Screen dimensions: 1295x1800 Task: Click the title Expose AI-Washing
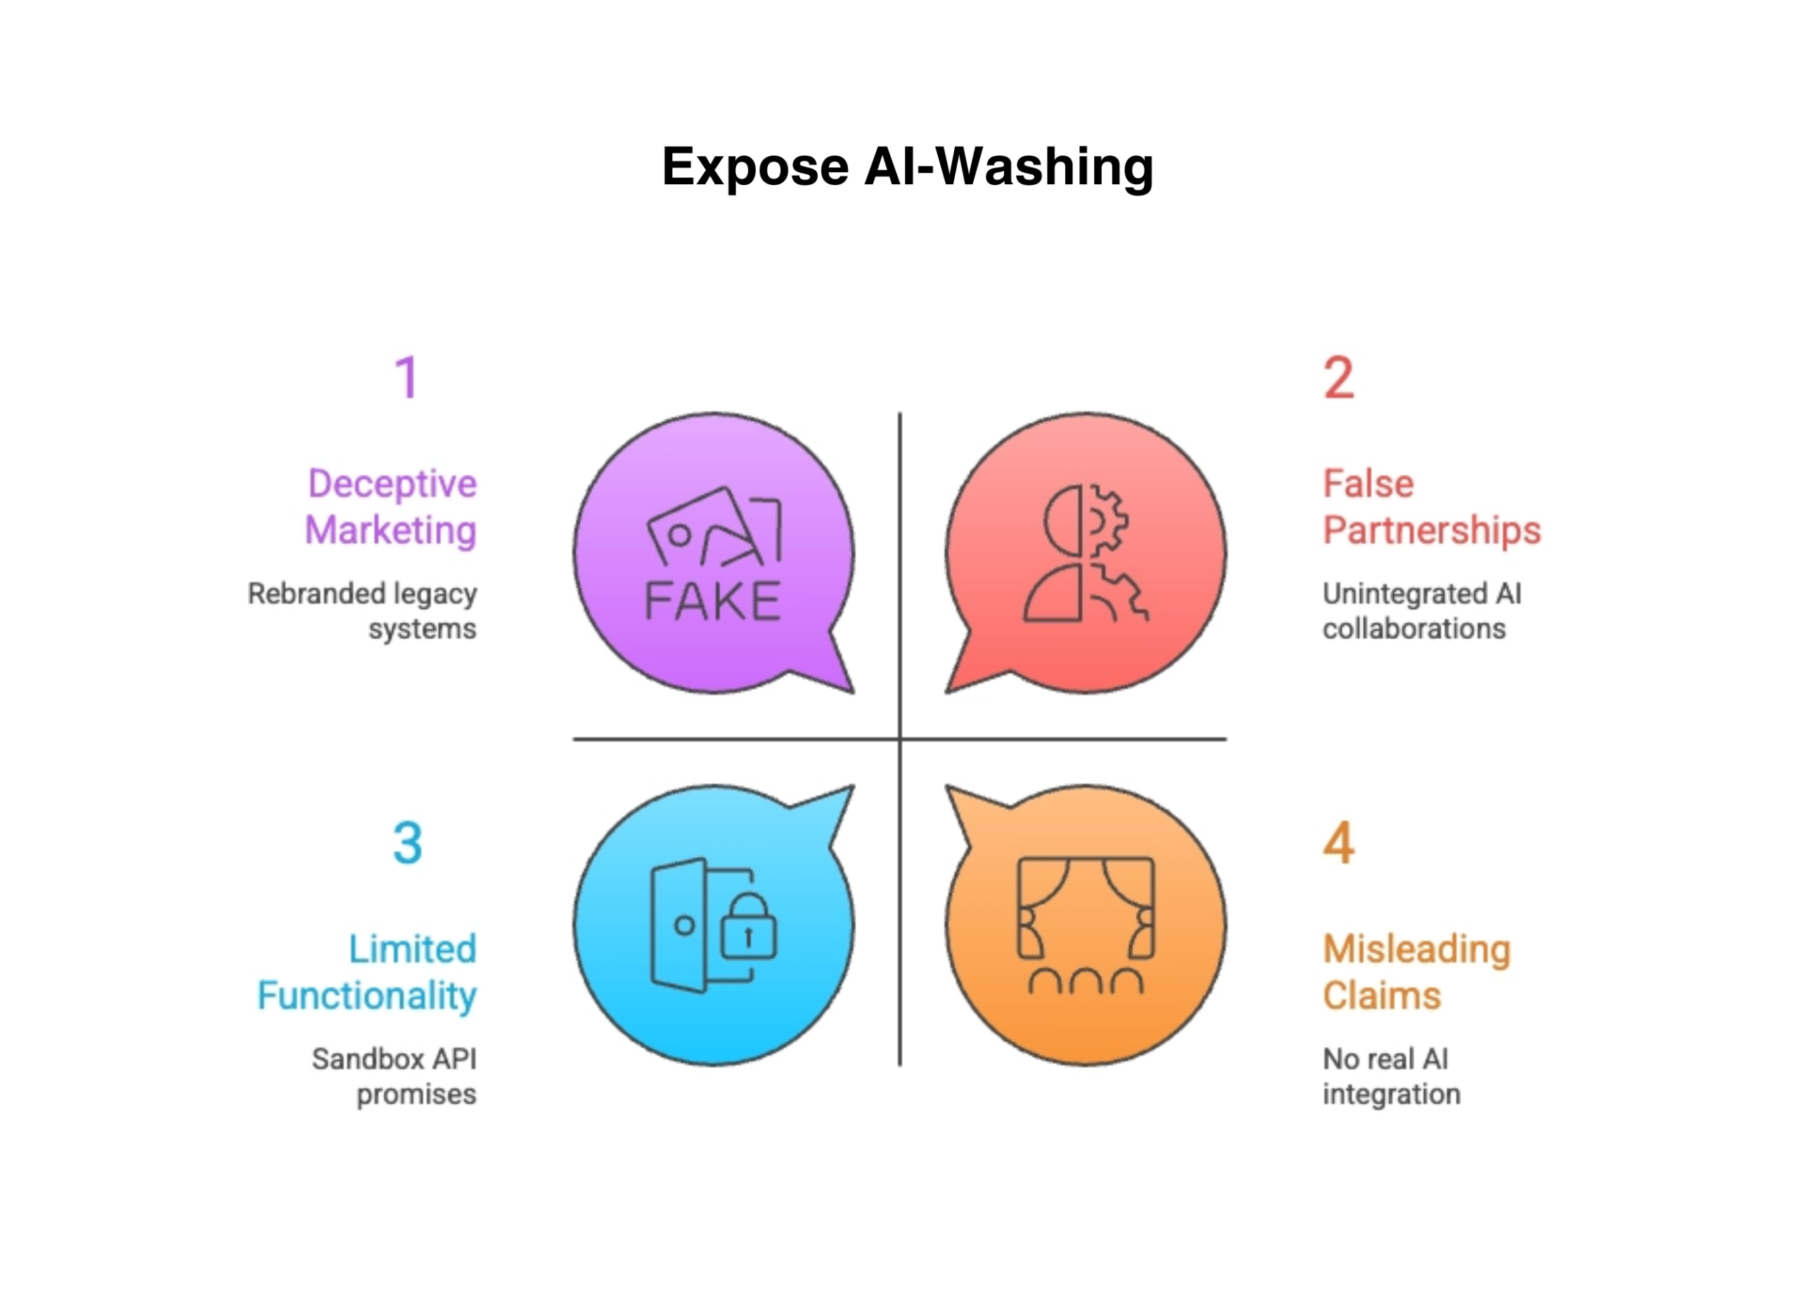907,167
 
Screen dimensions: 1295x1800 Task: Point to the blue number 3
407,843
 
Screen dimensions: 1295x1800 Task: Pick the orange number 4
1338,843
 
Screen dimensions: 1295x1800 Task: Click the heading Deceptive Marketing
391,507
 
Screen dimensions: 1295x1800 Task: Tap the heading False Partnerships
1431,507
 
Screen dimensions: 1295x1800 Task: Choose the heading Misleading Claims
1416,972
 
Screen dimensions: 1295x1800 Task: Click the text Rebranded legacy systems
363,611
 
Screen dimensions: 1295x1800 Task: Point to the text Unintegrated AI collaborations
1420,611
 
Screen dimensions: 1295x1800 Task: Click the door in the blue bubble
679,925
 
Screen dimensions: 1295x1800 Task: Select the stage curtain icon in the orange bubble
1086,908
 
